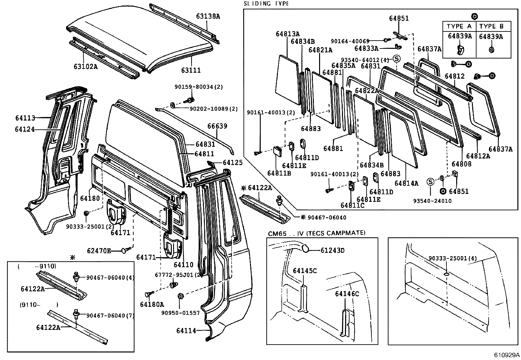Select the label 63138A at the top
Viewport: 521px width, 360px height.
(208, 16)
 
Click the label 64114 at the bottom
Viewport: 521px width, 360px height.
(186, 331)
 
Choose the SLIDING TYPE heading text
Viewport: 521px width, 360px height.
(266, 4)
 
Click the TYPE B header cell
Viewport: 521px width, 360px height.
(492, 27)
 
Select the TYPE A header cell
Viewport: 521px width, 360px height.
(459, 27)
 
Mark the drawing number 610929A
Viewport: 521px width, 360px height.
(507, 355)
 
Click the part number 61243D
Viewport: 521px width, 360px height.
(332, 251)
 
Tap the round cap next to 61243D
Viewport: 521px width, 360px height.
(305, 248)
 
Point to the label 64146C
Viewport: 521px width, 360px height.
(347, 294)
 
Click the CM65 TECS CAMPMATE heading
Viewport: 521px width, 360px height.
(316, 233)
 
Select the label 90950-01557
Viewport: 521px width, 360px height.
(180, 313)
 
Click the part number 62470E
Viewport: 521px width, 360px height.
(99, 251)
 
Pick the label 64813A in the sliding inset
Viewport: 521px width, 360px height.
(288, 34)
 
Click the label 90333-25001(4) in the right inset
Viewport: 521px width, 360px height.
(453, 258)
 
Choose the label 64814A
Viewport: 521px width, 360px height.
(406, 183)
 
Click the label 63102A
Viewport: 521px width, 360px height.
(85, 66)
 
